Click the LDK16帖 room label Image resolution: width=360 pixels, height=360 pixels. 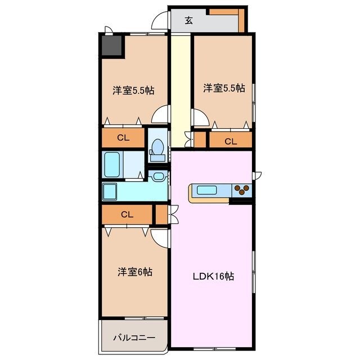213,276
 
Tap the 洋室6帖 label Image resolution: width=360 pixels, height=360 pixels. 135,272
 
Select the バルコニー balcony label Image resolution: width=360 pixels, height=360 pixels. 134,337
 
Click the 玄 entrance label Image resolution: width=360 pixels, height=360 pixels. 189,21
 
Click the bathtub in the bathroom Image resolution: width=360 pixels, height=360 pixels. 112,165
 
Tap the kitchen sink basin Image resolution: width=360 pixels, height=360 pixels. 206,190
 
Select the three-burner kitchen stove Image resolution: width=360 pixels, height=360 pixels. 242,190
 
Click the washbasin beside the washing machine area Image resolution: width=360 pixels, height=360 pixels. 158,176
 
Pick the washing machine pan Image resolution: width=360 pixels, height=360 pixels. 110,191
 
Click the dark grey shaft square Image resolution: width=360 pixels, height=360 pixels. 111,45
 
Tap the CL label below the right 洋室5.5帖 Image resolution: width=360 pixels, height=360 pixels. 231,141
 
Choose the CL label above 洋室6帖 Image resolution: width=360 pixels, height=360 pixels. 127,214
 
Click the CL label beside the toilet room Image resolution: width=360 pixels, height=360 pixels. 123,138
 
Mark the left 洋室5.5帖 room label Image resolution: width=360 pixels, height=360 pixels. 133,91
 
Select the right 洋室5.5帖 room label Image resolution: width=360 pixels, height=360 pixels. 224,88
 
